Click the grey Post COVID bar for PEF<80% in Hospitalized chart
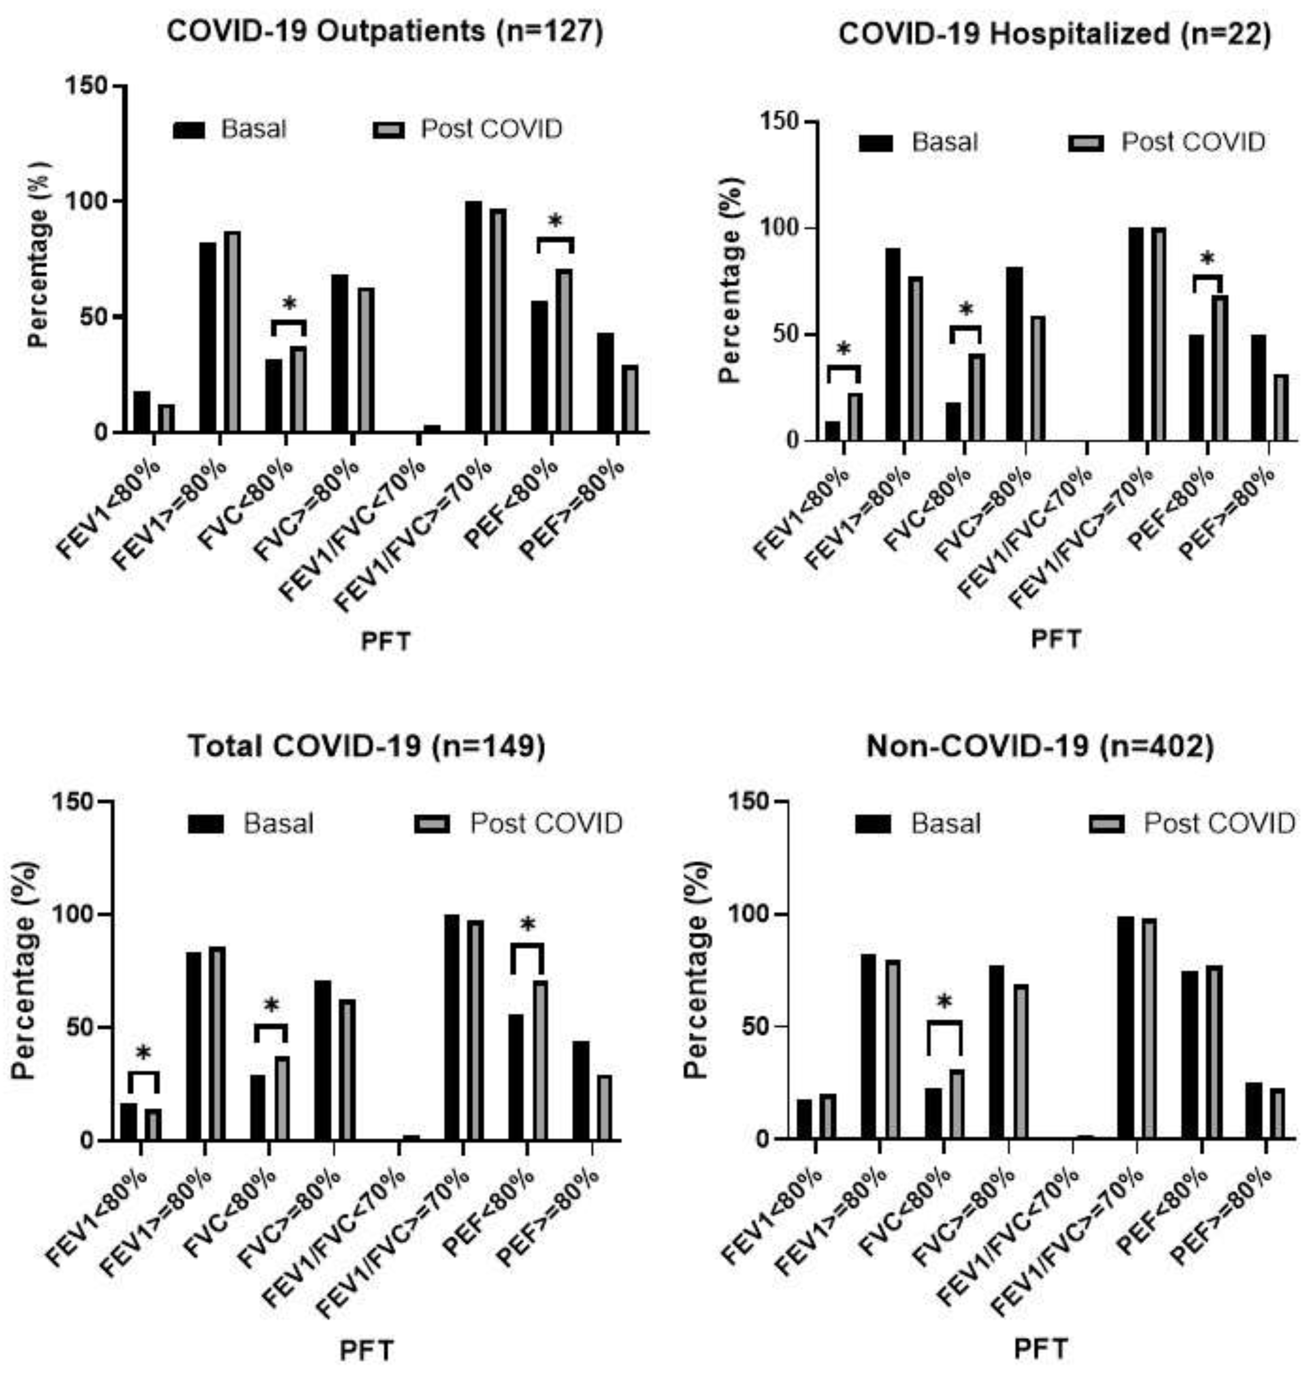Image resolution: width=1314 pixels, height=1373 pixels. [1220, 368]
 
